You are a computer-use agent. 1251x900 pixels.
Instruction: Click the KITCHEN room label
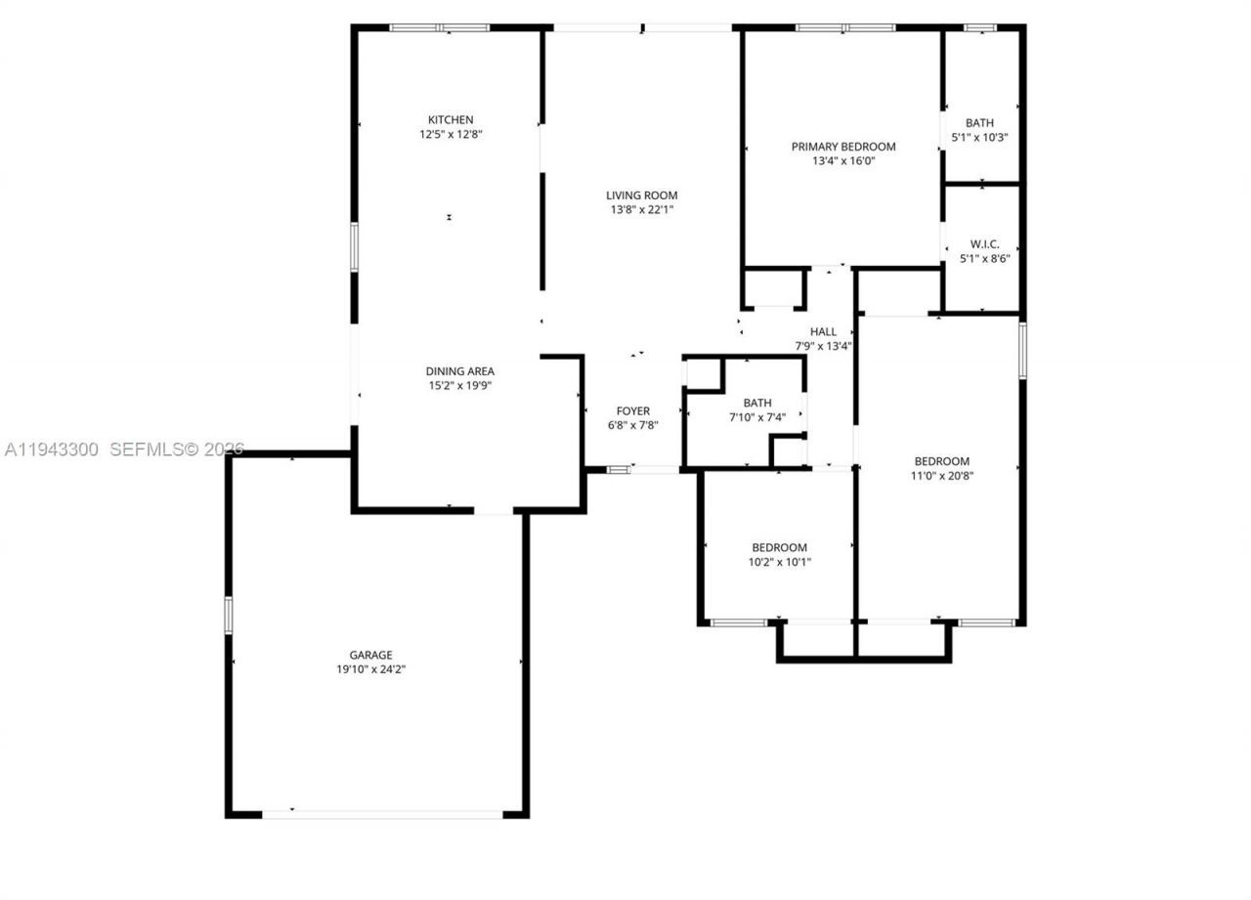(450, 120)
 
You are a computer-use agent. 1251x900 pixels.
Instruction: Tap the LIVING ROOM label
(641, 195)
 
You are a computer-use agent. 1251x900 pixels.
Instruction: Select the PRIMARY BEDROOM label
(842, 147)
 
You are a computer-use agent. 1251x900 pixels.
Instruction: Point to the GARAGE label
(370, 655)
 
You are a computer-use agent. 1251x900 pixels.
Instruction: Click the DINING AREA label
(459, 371)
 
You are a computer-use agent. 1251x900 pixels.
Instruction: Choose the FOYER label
(632, 411)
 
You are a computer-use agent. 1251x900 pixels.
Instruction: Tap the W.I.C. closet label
(984, 244)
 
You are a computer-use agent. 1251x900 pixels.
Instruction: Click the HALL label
(823, 332)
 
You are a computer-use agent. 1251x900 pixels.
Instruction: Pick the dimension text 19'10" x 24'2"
(370, 669)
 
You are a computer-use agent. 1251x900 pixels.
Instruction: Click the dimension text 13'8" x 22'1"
(641, 209)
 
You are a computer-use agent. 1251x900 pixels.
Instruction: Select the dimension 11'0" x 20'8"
(941, 476)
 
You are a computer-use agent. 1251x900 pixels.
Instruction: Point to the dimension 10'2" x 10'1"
(779, 562)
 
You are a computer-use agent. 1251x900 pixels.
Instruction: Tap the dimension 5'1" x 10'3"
(979, 137)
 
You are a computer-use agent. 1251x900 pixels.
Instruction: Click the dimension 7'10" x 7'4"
(756, 417)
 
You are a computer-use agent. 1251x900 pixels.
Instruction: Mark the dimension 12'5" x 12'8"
(450, 135)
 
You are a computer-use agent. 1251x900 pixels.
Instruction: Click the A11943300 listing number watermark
(52, 450)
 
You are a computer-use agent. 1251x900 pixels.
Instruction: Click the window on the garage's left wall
(229, 615)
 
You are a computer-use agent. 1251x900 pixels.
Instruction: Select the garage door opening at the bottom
(382, 812)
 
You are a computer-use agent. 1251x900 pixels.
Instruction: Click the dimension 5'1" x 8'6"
(984, 258)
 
